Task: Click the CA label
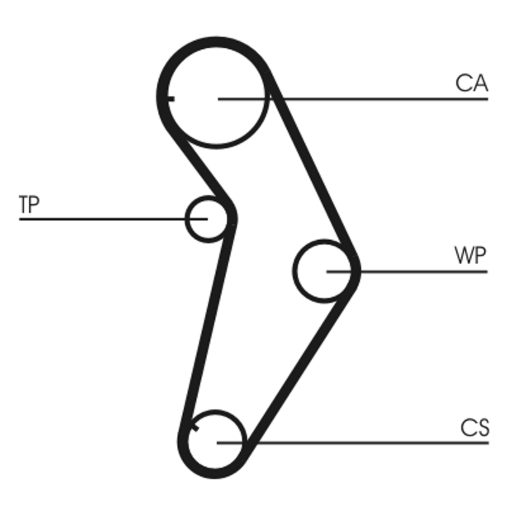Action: (x=471, y=83)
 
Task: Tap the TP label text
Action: (x=29, y=204)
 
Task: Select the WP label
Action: (x=470, y=256)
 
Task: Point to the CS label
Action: (x=475, y=428)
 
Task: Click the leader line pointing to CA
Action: (x=380, y=99)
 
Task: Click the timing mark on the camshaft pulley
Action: (x=169, y=98)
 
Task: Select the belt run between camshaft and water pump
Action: (x=314, y=177)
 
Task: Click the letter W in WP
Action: (x=463, y=256)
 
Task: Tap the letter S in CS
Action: (x=483, y=428)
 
